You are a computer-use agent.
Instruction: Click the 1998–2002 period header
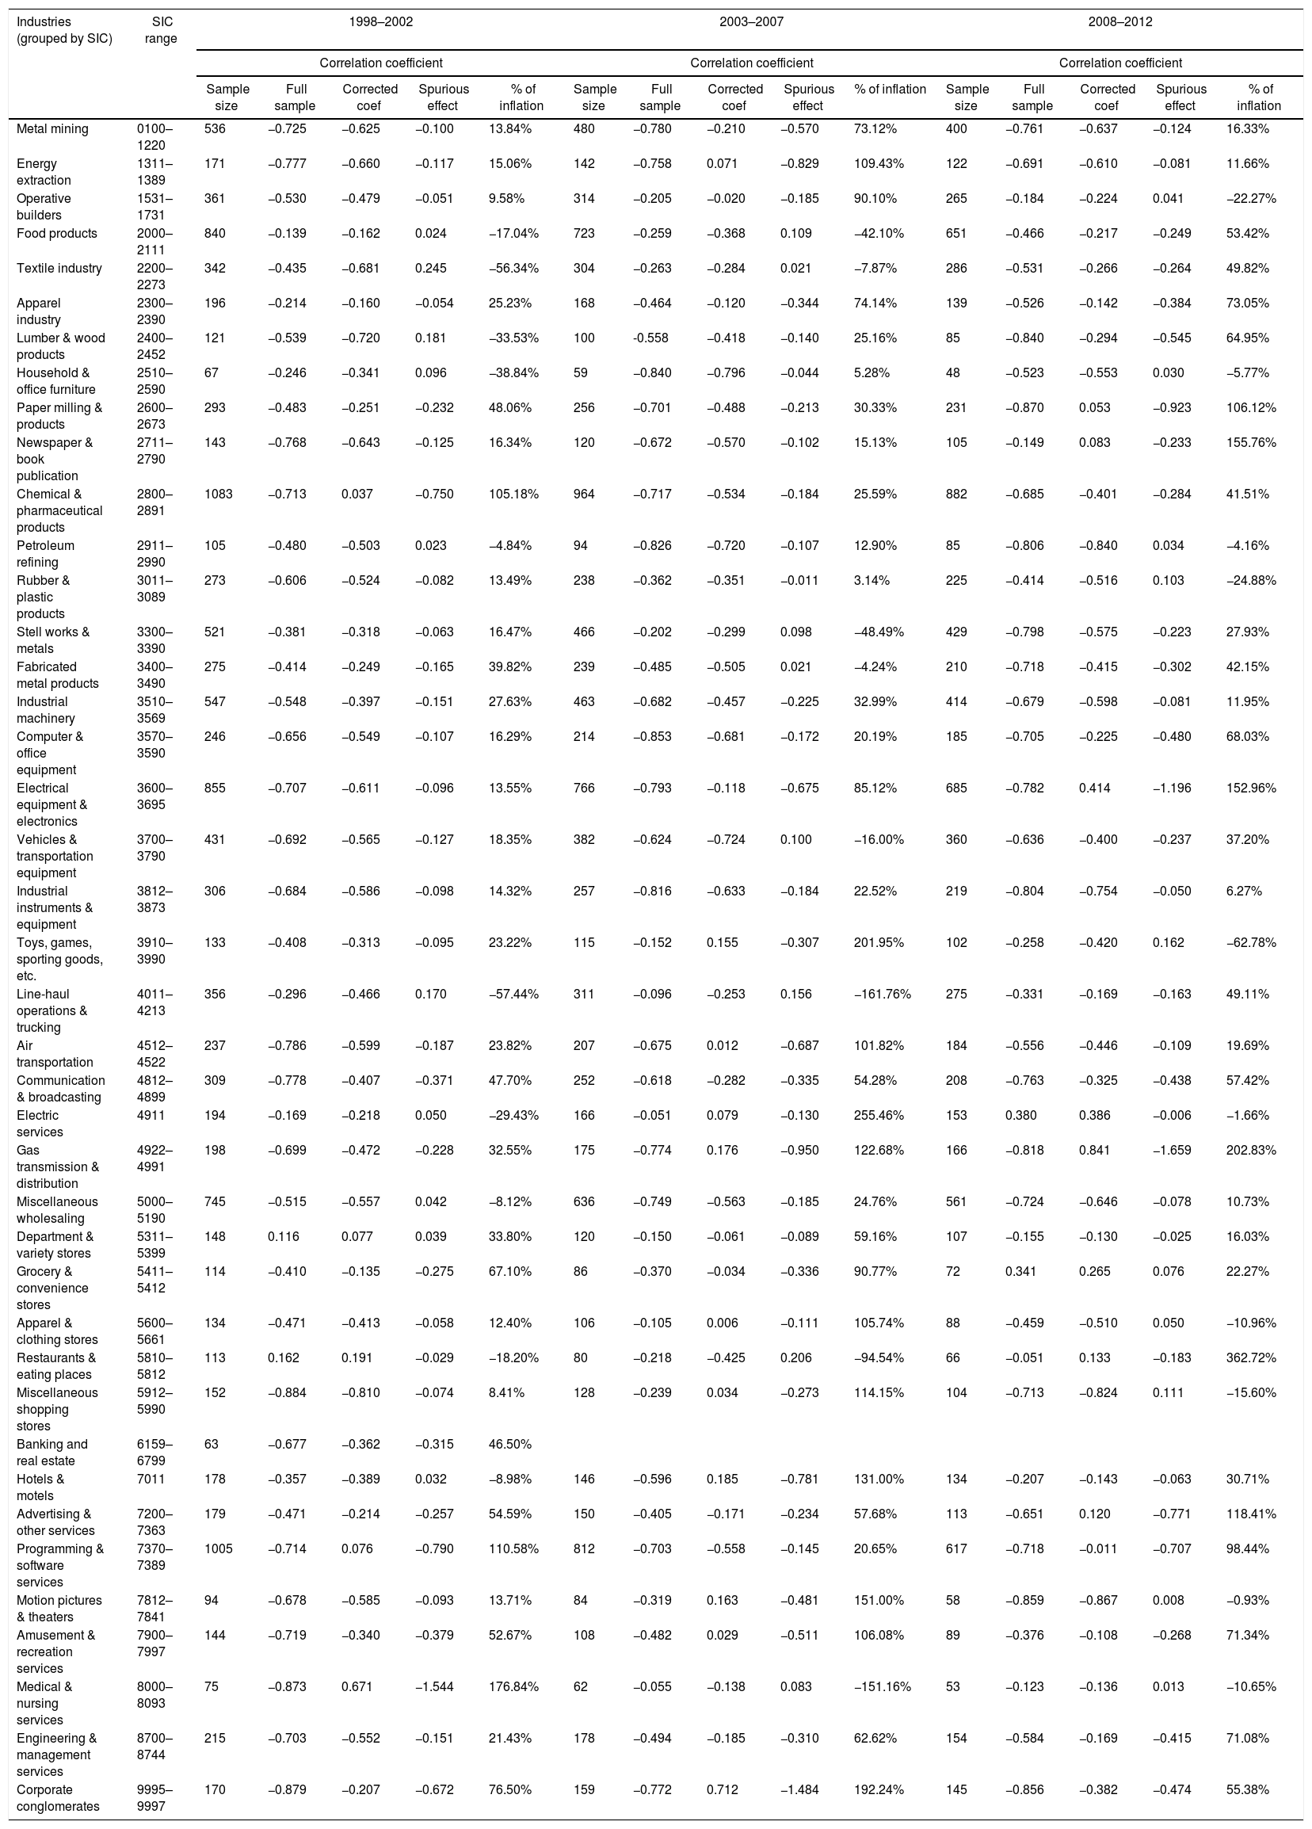380,22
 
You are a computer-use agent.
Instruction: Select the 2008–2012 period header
1120,22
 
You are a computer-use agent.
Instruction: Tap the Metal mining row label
52,129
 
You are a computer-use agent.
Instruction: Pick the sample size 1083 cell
220,494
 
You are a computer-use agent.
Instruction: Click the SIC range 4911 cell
151,1115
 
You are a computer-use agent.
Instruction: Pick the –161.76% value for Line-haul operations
882,994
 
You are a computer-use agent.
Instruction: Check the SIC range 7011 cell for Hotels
151,1479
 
